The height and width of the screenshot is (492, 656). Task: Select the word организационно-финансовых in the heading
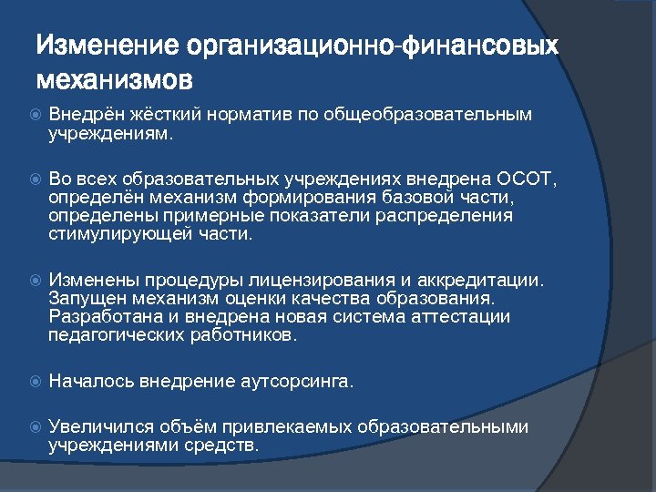(372, 45)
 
